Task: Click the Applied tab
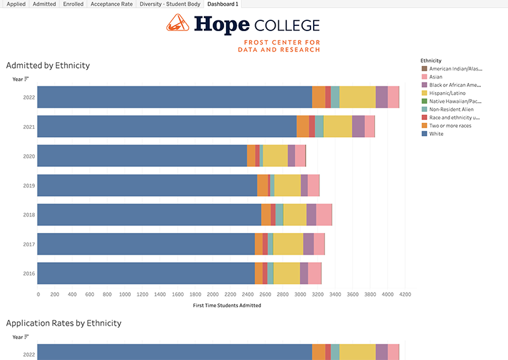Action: click(x=15, y=4)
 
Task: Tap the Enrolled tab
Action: click(x=72, y=4)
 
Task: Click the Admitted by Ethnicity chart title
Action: click(x=48, y=65)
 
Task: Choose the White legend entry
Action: click(x=436, y=134)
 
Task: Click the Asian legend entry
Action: click(x=436, y=76)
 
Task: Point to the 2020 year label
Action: click(x=29, y=156)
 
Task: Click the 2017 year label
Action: click(x=29, y=244)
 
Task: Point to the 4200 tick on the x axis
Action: click(x=405, y=295)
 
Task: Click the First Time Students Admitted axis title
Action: click(x=226, y=305)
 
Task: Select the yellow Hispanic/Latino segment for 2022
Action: click(x=357, y=97)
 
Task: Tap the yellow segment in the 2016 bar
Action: click(x=286, y=274)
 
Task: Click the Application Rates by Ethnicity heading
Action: click(x=63, y=323)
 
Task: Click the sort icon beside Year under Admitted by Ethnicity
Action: click(x=27, y=79)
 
